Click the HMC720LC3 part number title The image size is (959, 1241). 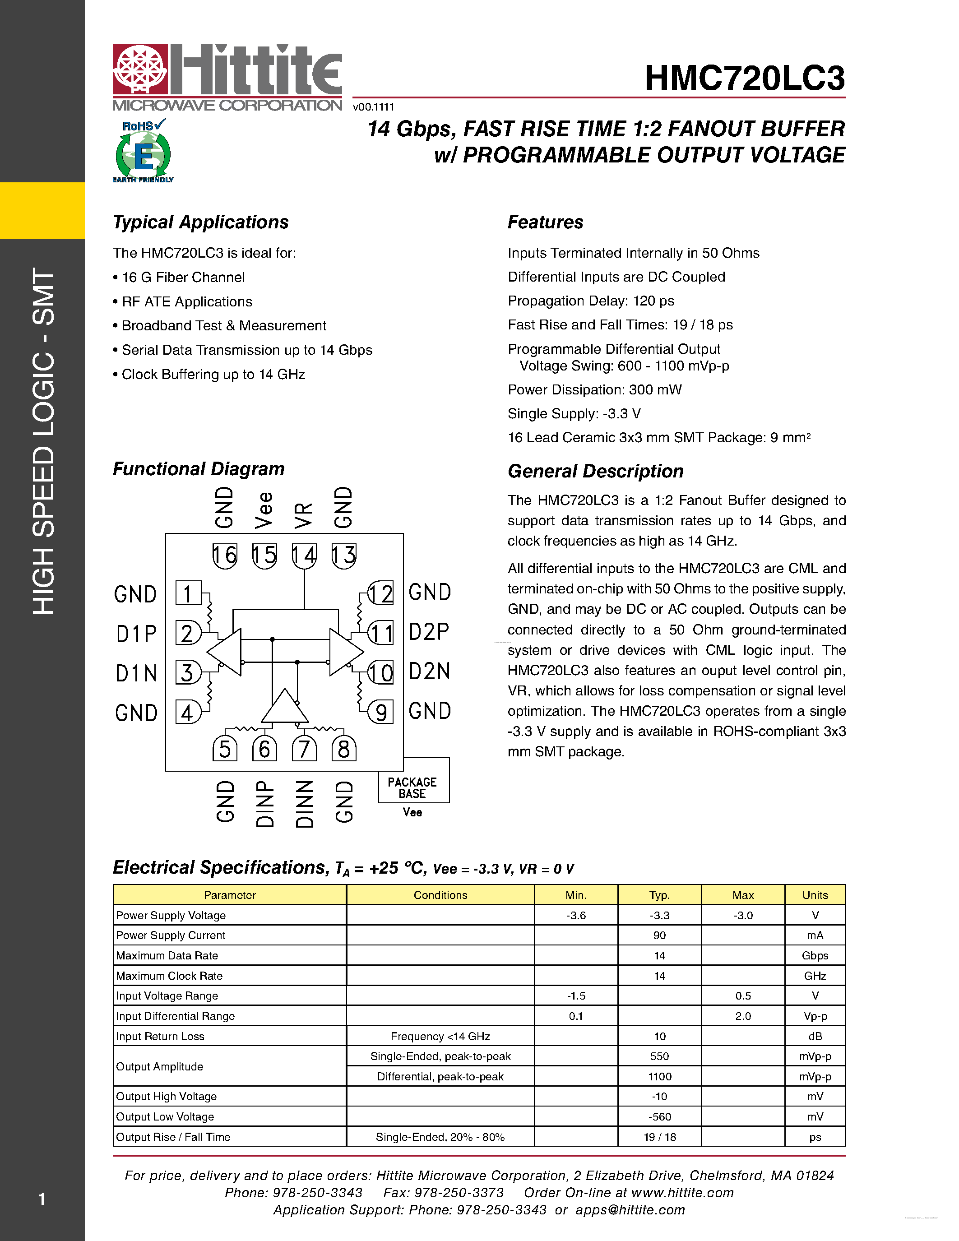coord(744,78)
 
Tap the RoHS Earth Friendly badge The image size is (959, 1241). coord(143,151)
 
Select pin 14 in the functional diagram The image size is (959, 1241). coord(304,555)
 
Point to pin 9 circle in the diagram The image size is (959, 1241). coord(380,712)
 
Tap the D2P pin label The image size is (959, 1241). coord(429,632)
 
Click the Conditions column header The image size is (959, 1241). coord(440,895)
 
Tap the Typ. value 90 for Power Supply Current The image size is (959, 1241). coord(659,935)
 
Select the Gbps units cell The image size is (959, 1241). coord(815,956)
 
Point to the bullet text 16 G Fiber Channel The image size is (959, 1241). coord(183,277)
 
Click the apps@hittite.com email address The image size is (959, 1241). coord(630,1210)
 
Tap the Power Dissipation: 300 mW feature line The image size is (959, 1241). coord(594,390)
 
